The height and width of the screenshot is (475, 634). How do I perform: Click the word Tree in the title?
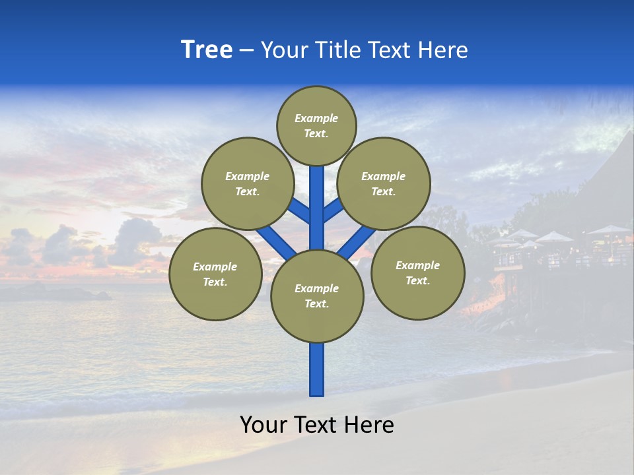(x=207, y=50)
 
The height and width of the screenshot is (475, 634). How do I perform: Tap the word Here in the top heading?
(x=443, y=50)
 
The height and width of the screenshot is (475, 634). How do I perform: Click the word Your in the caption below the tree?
(x=264, y=425)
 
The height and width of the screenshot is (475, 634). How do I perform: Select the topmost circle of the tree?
(x=316, y=125)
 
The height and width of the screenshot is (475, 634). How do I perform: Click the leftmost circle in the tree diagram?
(x=215, y=274)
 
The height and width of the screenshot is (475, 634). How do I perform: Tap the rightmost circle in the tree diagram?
(x=417, y=272)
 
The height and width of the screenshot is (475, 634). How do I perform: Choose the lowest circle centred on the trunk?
(x=317, y=296)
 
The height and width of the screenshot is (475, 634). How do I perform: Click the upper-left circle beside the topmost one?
(x=247, y=183)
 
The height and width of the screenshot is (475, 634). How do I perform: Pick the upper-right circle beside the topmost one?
(x=384, y=183)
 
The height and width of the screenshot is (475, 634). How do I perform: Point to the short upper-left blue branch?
(x=299, y=212)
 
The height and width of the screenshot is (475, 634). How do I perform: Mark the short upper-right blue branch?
(x=334, y=211)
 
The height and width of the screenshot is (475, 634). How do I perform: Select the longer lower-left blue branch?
(x=276, y=242)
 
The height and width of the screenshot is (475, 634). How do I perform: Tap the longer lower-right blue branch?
(x=357, y=243)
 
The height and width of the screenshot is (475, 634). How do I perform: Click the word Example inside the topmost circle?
(x=316, y=118)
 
